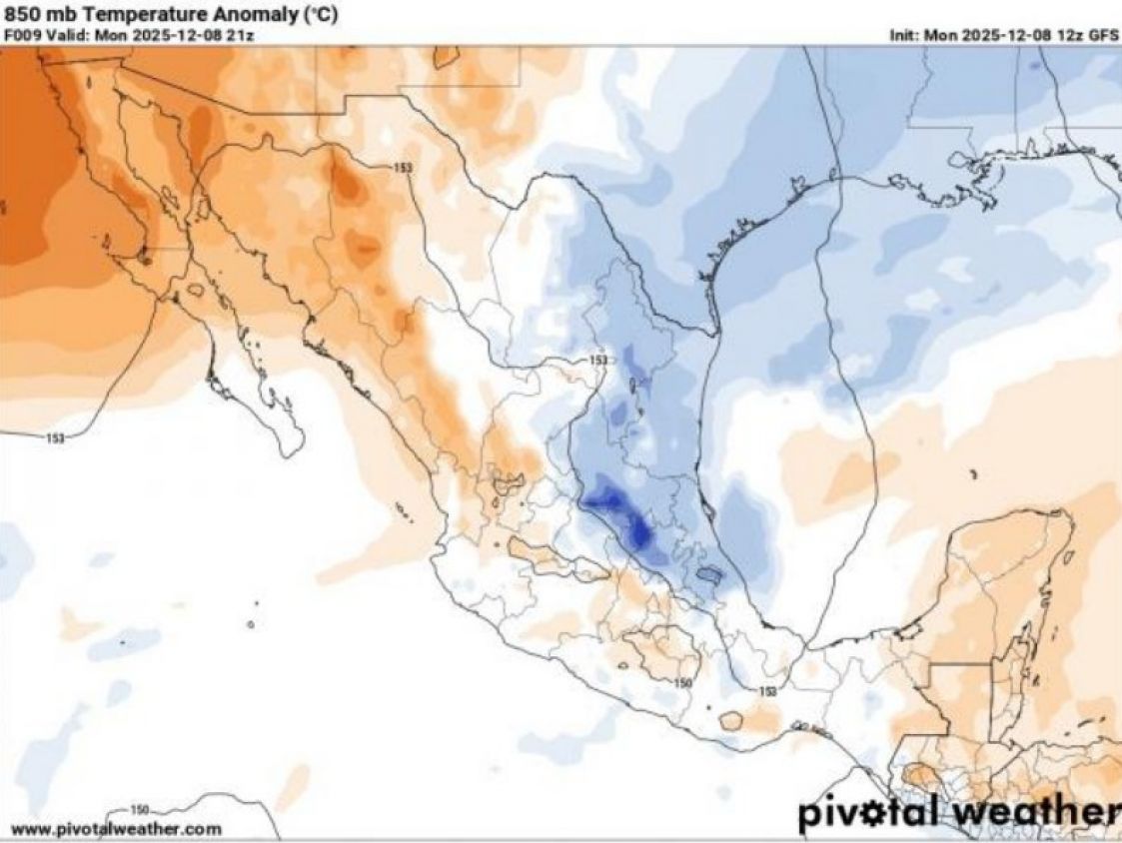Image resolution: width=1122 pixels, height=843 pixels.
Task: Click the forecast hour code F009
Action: [x=21, y=34]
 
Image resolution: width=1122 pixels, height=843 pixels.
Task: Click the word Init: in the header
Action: [x=906, y=34]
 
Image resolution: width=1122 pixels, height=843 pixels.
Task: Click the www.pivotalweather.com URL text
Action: [x=116, y=828]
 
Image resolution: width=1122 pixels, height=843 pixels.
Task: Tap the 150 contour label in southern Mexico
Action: [x=682, y=683]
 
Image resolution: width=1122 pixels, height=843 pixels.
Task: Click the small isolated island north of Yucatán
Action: [x=973, y=474]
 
